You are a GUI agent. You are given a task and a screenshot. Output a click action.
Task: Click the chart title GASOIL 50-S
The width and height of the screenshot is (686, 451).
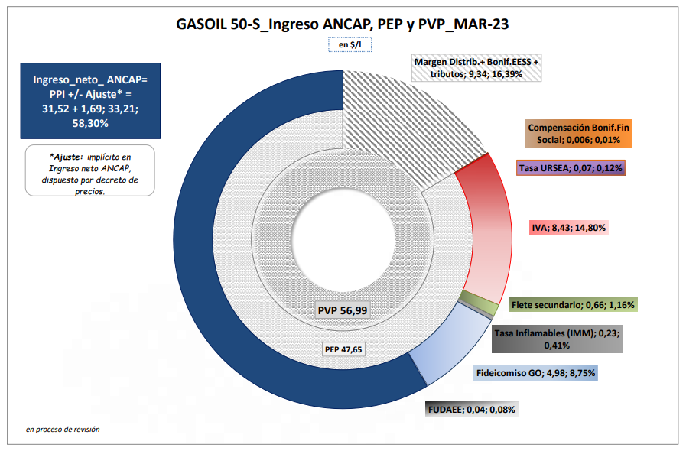(x=343, y=24)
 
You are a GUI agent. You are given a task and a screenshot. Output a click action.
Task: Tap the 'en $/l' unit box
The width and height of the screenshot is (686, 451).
(x=343, y=46)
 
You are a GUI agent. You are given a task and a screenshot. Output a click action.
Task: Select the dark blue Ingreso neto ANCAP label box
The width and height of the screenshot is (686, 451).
(x=91, y=101)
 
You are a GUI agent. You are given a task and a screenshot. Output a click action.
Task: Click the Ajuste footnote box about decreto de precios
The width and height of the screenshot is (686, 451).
(x=91, y=170)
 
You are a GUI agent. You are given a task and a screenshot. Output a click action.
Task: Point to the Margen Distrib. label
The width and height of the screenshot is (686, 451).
(x=476, y=67)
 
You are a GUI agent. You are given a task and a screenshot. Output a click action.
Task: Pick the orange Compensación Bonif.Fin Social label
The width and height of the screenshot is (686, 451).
(x=579, y=134)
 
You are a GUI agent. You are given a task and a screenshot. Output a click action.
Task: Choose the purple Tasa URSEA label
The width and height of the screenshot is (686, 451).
(x=571, y=167)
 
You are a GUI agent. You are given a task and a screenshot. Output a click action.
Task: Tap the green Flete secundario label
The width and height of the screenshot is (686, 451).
(x=573, y=305)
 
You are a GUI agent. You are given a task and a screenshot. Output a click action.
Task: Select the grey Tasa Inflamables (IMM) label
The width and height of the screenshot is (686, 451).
(x=555, y=339)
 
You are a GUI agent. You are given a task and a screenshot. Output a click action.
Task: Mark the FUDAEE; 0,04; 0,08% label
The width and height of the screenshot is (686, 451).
(x=472, y=409)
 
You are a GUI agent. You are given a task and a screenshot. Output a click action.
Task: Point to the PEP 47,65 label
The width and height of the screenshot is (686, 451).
(x=343, y=349)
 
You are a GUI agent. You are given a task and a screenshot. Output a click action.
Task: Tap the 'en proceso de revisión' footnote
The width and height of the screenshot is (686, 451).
(x=63, y=430)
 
